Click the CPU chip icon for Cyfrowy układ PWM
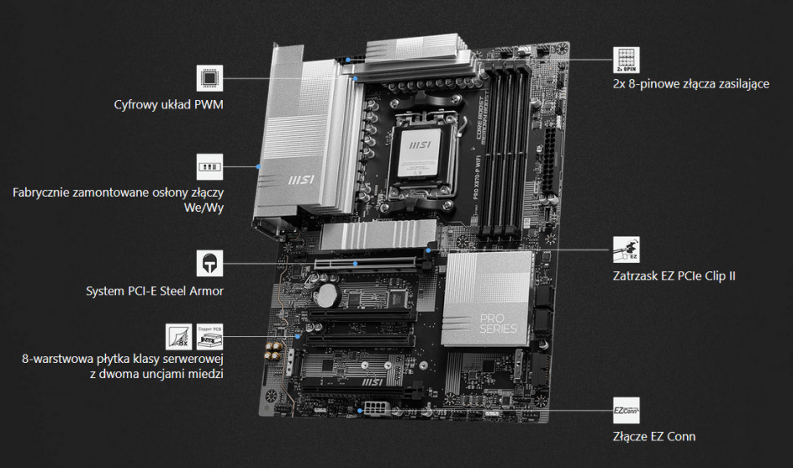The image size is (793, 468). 210,78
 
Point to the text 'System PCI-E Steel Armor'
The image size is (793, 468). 154,291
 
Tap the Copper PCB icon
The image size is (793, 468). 209,336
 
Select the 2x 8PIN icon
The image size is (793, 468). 625,59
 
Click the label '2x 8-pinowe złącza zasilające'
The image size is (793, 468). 690,84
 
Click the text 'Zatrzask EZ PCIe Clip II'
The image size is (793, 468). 674,274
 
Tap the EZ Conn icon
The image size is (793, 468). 626,410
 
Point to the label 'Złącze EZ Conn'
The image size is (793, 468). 654,436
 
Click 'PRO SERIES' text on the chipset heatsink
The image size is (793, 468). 499,322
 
